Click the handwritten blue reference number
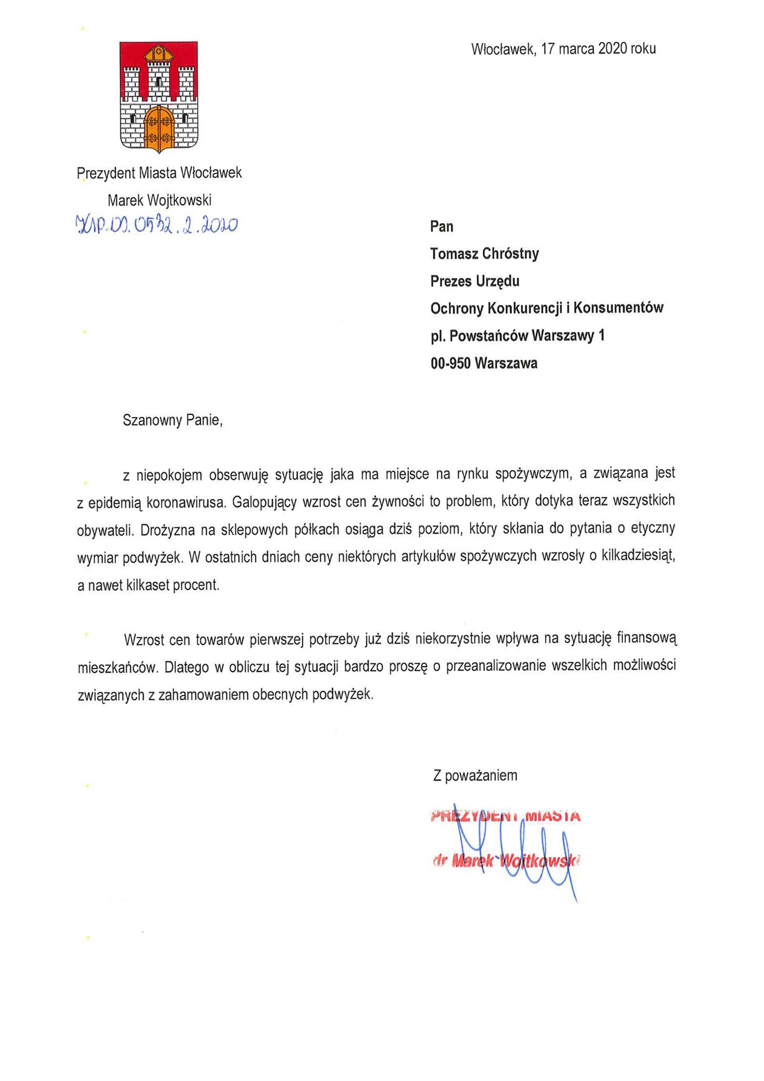(x=156, y=226)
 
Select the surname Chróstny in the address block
(x=511, y=254)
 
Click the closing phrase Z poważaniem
(x=475, y=775)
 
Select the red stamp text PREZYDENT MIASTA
(x=504, y=816)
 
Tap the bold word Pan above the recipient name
(x=441, y=227)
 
